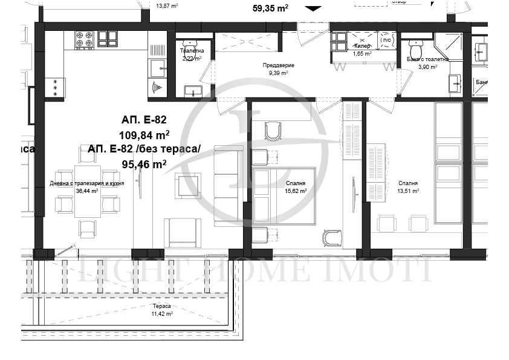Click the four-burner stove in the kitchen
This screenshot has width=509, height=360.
point(84,39)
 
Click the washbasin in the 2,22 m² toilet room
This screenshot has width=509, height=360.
point(193,91)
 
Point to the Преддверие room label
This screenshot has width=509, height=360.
point(277,65)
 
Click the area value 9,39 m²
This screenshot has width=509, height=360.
point(277,73)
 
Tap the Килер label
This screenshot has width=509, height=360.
point(361,46)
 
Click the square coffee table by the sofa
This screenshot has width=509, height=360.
point(187,185)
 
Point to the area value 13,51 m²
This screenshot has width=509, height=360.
point(408,191)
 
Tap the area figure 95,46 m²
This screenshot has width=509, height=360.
point(144,163)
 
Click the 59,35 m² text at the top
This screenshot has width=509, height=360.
point(270,8)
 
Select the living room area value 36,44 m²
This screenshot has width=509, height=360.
point(87,191)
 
